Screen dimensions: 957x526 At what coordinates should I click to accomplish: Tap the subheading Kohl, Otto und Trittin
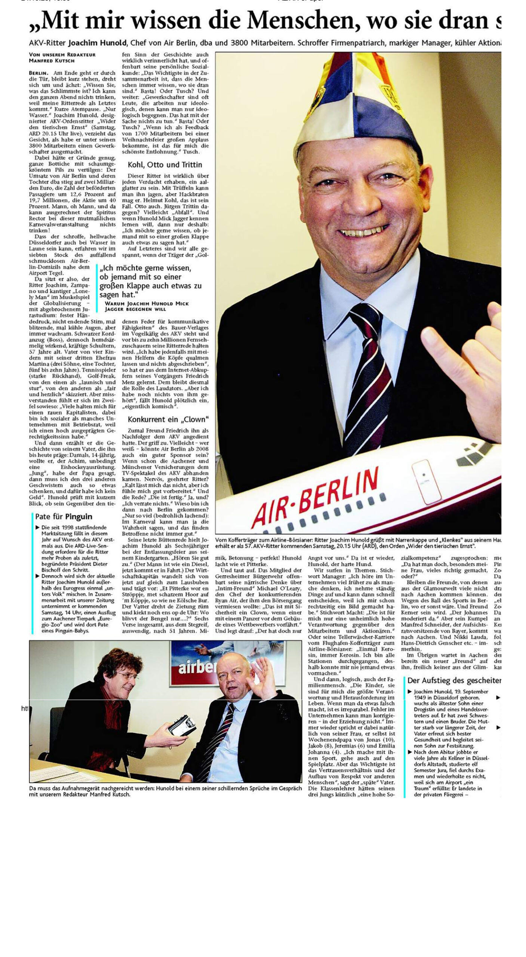point(165,165)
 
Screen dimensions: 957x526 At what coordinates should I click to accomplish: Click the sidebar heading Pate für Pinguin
point(64,517)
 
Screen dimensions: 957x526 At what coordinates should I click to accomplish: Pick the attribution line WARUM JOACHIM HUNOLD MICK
point(147,303)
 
